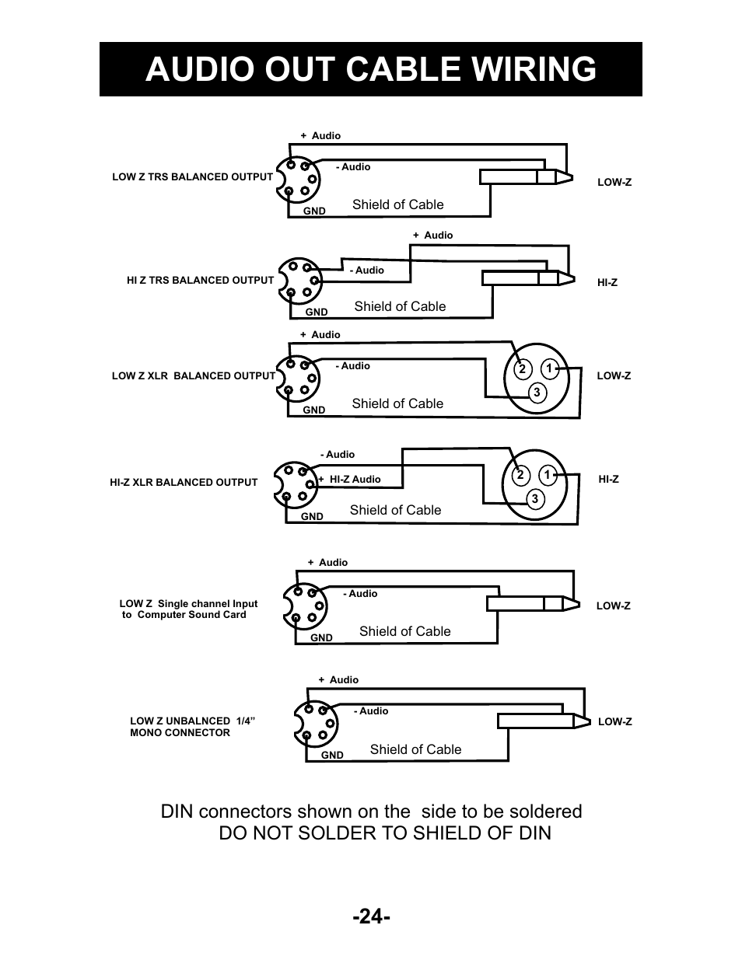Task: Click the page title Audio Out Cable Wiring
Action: click(x=370, y=69)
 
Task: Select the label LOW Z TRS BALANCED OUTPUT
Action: click(x=192, y=177)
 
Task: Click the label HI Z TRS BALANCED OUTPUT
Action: click(x=200, y=281)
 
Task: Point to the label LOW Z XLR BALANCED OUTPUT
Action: click(x=193, y=376)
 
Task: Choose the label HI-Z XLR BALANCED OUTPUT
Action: click(x=184, y=483)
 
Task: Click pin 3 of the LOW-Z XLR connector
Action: click(x=537, y=393)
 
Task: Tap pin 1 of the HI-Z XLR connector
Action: click(x=547, y=475)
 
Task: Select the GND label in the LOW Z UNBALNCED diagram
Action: click(x=332, y=755)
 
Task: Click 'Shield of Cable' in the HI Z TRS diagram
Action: click(x=400, y=306)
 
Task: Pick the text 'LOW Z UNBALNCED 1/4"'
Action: click(x=193, y=721)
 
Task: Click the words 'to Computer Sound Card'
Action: click(x=184, y=615)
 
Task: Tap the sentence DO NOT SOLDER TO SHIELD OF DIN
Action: click(x=384, y=833)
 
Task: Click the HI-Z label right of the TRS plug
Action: click(x=607, y=283)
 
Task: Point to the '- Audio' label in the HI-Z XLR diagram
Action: click(x=338, y=455)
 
